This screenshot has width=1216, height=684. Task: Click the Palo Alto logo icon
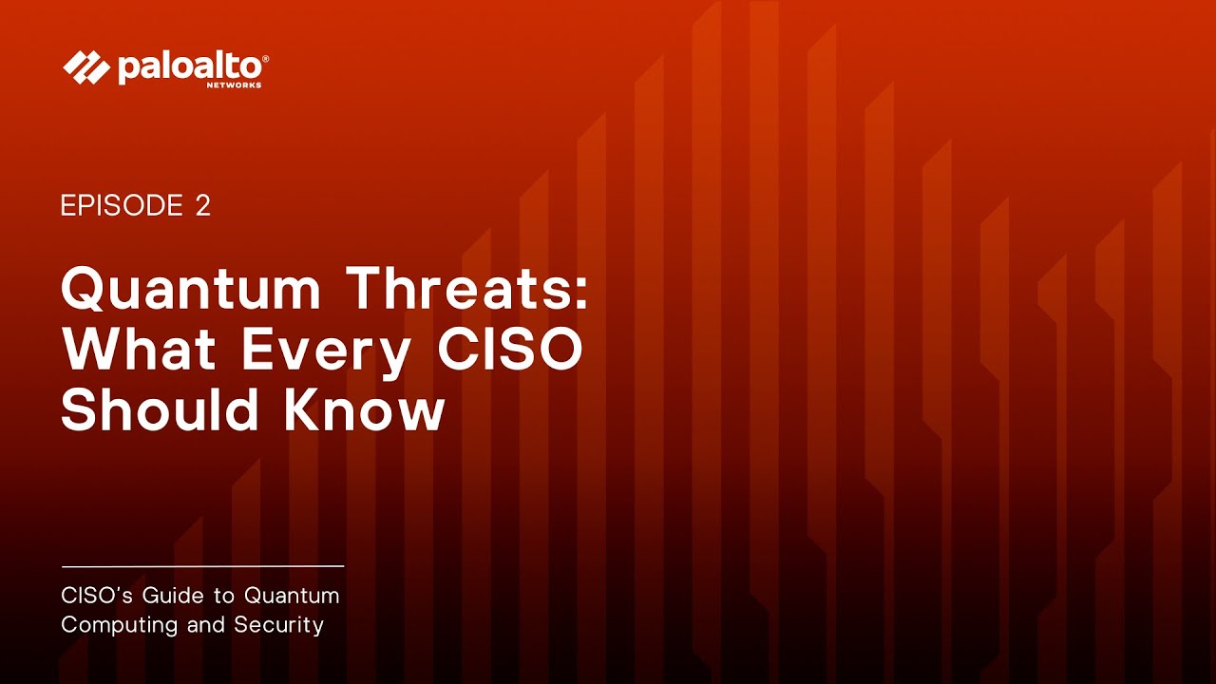[x=85, y=67]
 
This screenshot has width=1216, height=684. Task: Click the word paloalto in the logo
[x=189, y=67]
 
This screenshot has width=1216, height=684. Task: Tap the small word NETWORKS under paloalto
[x=234, y=85]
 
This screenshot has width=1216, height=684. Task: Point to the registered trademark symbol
[x=265, y=59]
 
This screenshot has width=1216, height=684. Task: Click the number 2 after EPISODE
[x=202, y=206]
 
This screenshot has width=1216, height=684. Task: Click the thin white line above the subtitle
[x=202, y=566]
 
